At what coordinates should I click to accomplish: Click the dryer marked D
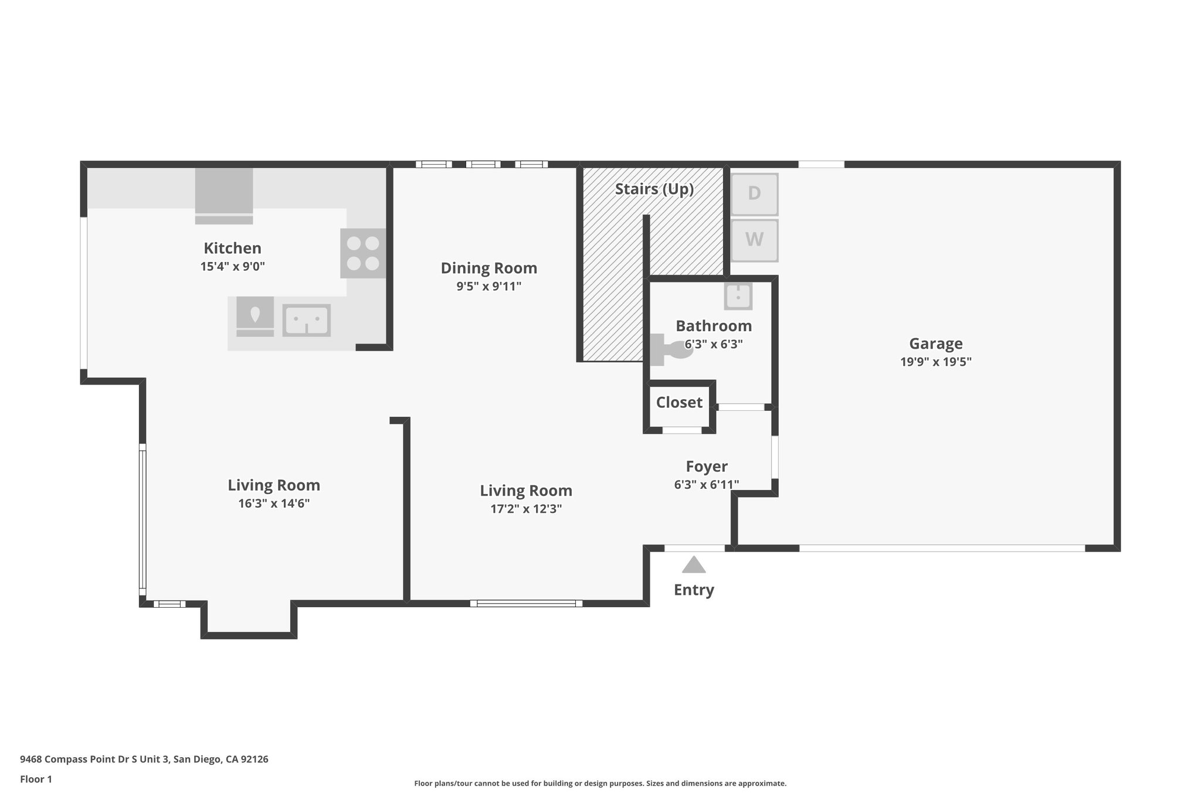click(x=754, y=194)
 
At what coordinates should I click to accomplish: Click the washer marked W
click(x=754, y=240)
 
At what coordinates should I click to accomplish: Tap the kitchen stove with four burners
click(x=363, y=253)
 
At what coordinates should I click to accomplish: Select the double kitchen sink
click(x=306, y=320)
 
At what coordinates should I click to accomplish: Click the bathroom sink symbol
click(x=738, y=296)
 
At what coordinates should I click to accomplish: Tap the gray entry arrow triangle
click(x=694, y=565)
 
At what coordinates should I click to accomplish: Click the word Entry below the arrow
click(x=694, y=590)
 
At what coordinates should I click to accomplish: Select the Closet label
click(x=679, y=403)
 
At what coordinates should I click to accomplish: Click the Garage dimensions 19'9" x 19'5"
click(x=936, y=362)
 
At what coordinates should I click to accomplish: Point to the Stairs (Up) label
click(x=654, y=189)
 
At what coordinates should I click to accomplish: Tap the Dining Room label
click(x=489, y=268)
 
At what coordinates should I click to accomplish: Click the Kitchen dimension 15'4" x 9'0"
click(x=233, y=267)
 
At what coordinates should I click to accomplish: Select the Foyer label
click(x=707, y=467)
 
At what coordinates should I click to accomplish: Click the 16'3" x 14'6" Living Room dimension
click(x=274, y=503)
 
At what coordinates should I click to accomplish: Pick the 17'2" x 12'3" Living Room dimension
click(x=526, y=509)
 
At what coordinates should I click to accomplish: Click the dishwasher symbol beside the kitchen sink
click(x=255, y=316)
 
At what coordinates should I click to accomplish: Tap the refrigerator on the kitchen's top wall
click(x=224, y=193)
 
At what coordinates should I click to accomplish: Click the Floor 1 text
click(x=36, y=779)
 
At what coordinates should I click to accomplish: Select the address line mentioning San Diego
click(x=144, y=759)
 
